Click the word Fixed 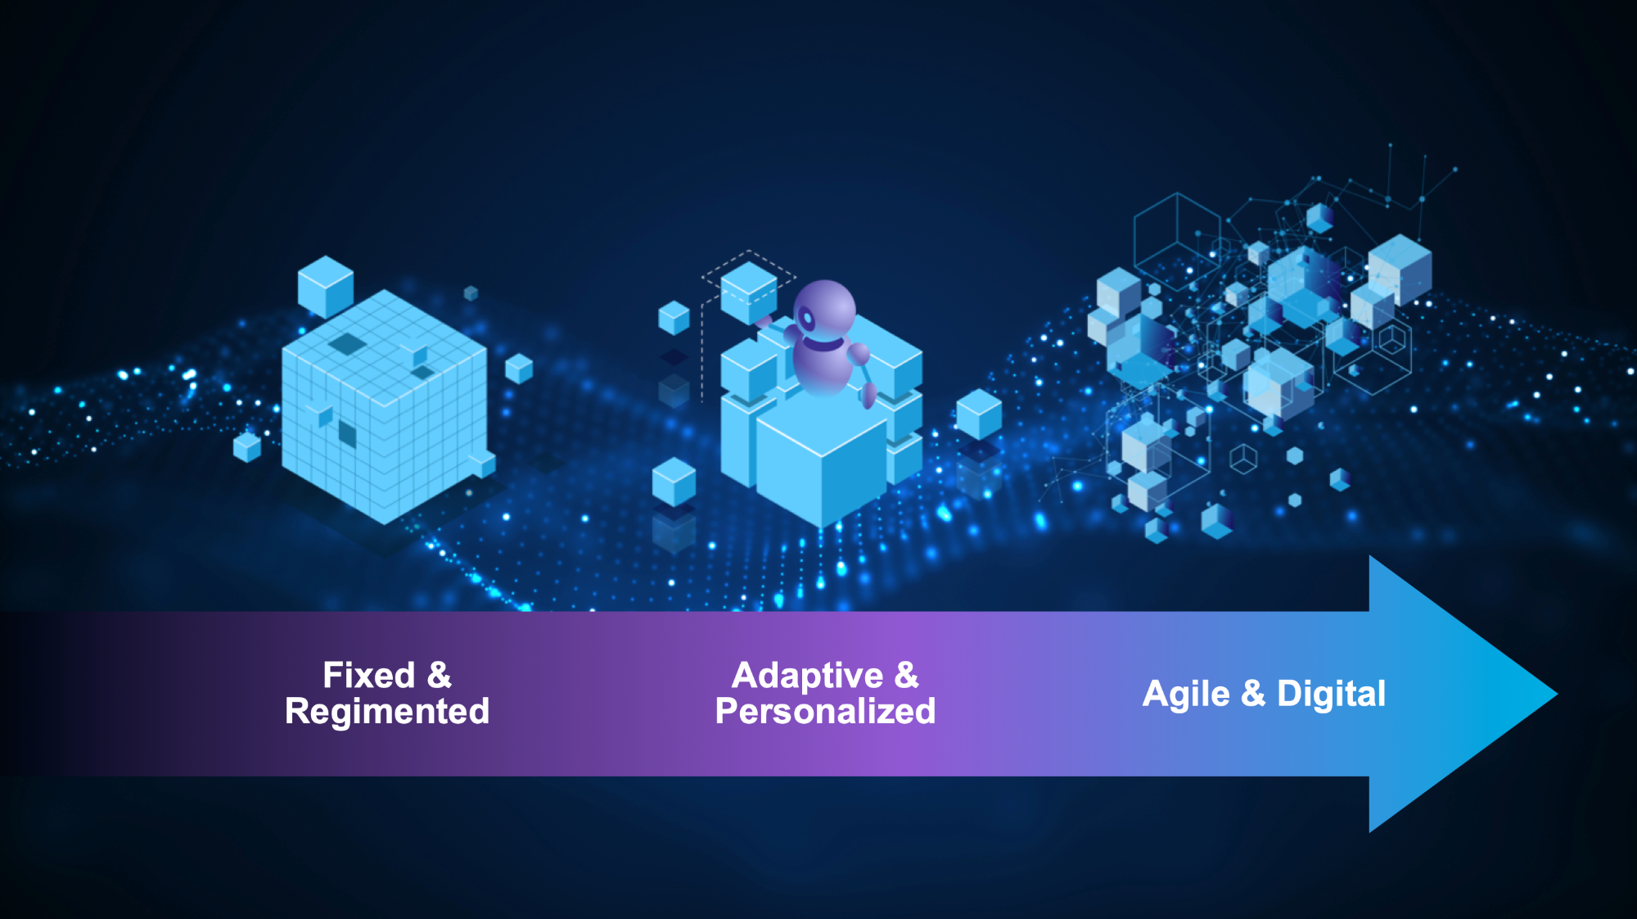[x=369, y=676]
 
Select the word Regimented [x=387, y=712]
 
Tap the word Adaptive [x=808, y=677]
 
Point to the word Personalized [x=825, y=712]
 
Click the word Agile [x=1186, y=695]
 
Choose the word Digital [x=1331, y=694]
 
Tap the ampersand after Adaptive [x=907, y=676]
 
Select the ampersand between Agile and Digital [x=1253, y=694]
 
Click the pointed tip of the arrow [x=1557, y=694]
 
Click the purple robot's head [x=824, y=310]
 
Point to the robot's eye [x=807, y=318]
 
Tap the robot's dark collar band [x=823, y=342]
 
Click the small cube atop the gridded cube [x=326, y=287]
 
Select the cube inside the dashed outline [x=749, y=292]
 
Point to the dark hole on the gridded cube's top [x=348, y=344]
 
